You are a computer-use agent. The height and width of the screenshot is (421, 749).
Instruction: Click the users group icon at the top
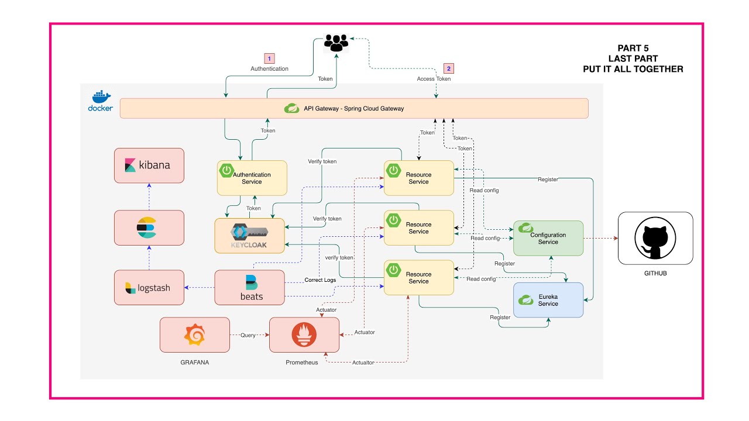pyautogui.click(x=336, y=42)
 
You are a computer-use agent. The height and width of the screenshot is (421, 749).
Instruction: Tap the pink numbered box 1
pyautogui.click(x=269, y=58)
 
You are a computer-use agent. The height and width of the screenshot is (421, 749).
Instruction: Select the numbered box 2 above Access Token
pyautogui.click(x=449, y=68)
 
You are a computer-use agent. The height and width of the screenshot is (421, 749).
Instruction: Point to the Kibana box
pyautogui.click(x=149, y=165)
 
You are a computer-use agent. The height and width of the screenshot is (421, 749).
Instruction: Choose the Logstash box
pyautogui.click(x=149, y=288)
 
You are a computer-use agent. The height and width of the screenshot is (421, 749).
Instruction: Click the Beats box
pyautogui.click(x=250, y=288)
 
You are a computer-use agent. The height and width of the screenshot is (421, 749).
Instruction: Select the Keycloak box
pyautogui.click(x=250, y=236)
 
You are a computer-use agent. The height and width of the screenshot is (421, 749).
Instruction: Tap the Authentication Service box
pyautogui.click(x=252, y=178)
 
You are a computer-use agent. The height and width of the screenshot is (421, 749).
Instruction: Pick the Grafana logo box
pyautogui.click(x=195, y=334)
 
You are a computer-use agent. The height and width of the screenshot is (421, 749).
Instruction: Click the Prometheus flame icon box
pyautogui.click(x=304, y=334)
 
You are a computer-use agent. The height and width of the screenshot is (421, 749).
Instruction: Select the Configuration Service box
pyautogui.click(x=548, y=238)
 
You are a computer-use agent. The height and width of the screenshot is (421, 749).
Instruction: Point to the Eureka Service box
pyautogui.click(x=548, y=300)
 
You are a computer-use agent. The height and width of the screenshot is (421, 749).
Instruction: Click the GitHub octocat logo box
pyautogui.click(x=655, y=238)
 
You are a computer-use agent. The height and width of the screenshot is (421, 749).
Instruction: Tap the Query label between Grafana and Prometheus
pyautogui.click(x=248, y=335)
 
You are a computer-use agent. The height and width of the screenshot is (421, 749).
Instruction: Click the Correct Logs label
pyautogui.click(x=320, y=280)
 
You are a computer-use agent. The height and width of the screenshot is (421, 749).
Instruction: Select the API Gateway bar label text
pyautogui.click(x=353, y=108)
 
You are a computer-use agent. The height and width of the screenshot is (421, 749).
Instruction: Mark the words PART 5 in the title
pyautogui.click(x=633, y=48)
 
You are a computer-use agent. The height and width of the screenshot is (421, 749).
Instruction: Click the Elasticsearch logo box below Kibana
pyautogui.click(x=149, y=227)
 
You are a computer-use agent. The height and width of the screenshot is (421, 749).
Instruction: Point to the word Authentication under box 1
pyautogui.click(x=269, y=69)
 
